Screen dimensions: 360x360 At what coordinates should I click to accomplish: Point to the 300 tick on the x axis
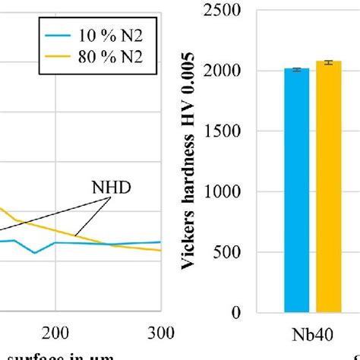tap(160, 332)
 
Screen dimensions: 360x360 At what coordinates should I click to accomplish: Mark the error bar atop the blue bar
tap(297, 69)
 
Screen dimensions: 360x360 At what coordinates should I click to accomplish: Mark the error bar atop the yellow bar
tap(329, 62)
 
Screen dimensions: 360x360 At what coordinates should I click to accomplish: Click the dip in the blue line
tap(35, 252)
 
